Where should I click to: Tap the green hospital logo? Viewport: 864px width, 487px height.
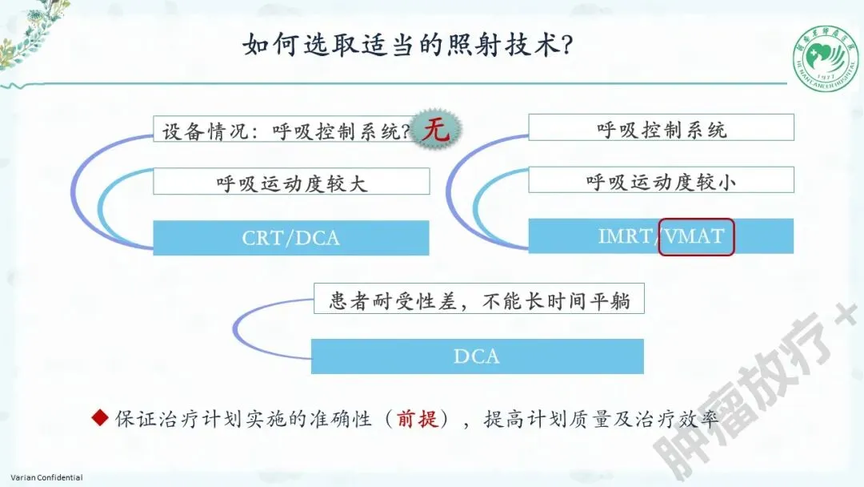point(824,58)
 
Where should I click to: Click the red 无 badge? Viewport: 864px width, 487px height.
point(437,130)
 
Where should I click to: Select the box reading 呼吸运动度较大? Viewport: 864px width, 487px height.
point(291,182)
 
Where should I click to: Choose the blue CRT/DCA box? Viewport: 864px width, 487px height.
point(291,238)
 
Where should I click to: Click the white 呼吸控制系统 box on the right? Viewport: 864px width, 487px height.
point(661,128)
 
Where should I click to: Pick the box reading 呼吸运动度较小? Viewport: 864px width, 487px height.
point(661,181)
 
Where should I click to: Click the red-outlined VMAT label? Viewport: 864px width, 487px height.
point(695,236)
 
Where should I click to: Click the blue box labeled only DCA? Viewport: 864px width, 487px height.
point(477,356)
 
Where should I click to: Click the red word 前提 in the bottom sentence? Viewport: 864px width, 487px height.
point(418,418)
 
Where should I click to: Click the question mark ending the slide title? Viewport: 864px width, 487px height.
point(566,46)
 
